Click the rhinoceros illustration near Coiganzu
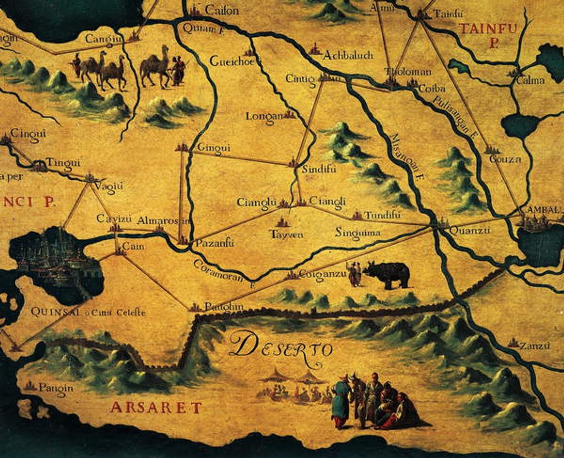click(x=388, y=274)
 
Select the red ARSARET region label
click(x=156, y=408)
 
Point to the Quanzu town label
click(x=469, y=231)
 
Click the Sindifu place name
click(x=319, y=169)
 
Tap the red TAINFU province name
click(x=488, y=29)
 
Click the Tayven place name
click(x=286, y=234)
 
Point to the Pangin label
click(x=56, y=387)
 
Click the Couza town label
click(x=505, y=159)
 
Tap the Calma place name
click(x=530, y=80)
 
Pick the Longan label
click(x=264, y=116)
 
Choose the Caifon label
click(x=221, y=10)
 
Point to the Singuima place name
click(x=357, y=233)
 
